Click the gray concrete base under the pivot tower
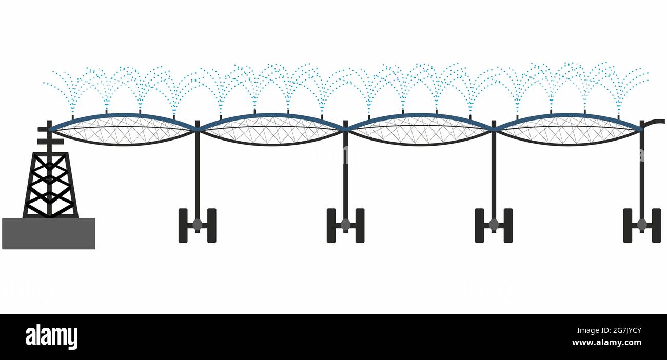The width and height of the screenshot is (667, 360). pyautogui.click(x=49, y=233)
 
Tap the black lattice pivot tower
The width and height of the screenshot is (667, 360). pyautogui.click(x=50, y=185)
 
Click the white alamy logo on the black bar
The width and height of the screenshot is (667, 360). pyautogui.click(x=51, y=337)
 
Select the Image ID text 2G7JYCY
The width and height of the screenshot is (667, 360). pyautogui.click(x=623, y=331)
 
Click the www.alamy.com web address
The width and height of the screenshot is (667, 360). pyautogui.click(x=606, y=343)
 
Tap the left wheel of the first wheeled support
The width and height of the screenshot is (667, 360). pyautogui.click(x=183, y=226)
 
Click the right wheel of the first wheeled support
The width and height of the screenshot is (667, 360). pyautogui.click(x=212, y=226)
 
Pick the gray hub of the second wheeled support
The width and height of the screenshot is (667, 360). pyautogui.click(x=345, y=225)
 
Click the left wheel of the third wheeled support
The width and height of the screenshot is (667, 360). pyautogui.click(x=479, y=226)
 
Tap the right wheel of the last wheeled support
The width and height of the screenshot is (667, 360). pyautogui.click(x=656, y=226)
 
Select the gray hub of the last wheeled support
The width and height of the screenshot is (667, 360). pyautogui.click(x=642, y=225)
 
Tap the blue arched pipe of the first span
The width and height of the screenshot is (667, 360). pyautogui.click(x=123, y=115)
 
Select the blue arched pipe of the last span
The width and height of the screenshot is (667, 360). pyautogui.click(x=568, y=115)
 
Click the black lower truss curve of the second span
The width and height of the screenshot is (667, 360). pyautogui.click(x=271, y=144)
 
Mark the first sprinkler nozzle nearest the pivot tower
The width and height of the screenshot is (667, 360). pyautogui.click(x=73, y=117)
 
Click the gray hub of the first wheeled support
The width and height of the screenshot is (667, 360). pyautogui.click(x=197, y=225)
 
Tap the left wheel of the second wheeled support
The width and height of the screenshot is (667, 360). pyautogui.click(x=331, y=226)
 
